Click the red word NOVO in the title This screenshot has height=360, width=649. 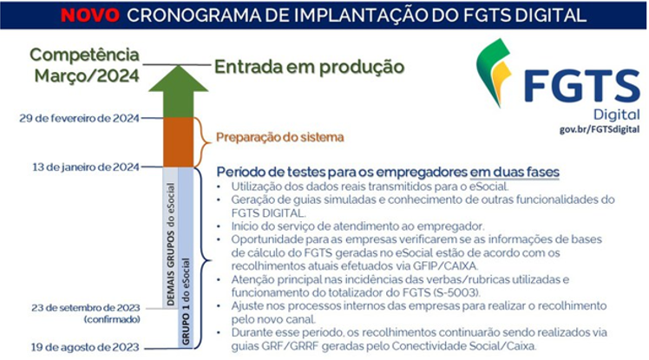90,16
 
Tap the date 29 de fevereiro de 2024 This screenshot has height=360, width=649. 80,118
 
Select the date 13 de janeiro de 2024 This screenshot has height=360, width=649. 86,167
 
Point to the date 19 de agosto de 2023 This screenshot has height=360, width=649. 85,347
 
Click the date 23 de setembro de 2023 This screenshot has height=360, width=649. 86,308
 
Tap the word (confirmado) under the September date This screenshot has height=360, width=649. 112,319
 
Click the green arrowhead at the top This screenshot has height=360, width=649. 179,79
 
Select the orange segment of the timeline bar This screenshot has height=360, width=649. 179,142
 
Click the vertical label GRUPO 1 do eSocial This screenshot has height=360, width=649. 186,302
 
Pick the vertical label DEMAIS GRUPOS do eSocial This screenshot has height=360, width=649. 171,244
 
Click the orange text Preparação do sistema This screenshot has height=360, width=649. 280,137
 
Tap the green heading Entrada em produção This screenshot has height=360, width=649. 309,67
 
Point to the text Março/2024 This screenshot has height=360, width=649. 87,75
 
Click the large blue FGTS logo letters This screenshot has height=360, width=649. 582,87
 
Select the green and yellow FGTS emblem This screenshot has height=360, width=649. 495,72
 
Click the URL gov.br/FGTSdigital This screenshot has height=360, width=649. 600,129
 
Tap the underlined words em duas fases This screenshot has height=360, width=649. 515,172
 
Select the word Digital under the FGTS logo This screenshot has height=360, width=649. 617,115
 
